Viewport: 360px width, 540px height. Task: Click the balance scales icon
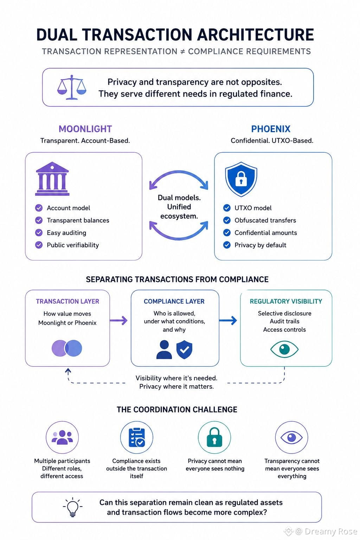72,87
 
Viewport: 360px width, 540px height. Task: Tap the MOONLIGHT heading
85,129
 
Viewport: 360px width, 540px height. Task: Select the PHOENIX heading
271,129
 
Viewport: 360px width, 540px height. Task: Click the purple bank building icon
52,179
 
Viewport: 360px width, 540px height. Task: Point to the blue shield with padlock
241,179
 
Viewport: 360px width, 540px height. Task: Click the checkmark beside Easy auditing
39,233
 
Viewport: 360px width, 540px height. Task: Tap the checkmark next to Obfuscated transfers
227,220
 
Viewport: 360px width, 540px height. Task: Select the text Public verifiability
73,245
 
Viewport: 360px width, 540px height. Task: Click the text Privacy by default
261,245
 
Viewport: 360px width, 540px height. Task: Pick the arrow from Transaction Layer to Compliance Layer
118,320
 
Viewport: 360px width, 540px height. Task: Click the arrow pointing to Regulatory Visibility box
228,320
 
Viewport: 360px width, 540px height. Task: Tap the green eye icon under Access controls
284,349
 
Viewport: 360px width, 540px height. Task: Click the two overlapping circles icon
67,348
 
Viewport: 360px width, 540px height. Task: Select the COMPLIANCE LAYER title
174,301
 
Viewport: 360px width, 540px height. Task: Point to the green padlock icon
214,437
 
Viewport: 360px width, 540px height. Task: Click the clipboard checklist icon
137,437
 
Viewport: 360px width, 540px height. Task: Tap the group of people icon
62,437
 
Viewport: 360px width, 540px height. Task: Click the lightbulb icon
72,507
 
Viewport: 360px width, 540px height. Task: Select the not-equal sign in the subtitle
182,52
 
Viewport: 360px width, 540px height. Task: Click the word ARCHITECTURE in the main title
256,34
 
